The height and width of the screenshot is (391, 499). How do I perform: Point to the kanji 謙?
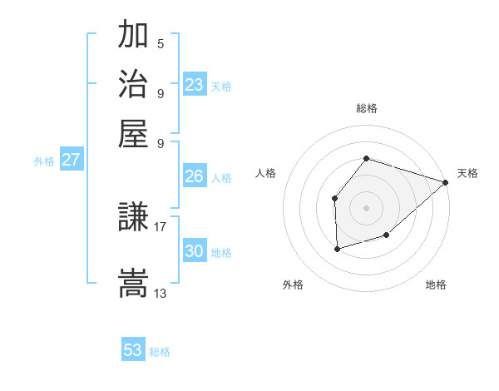[133, 219]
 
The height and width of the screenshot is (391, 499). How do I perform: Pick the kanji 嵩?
[133, 283]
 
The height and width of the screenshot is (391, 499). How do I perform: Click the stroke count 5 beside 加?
[160, 44]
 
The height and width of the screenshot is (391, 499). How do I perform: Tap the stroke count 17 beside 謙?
[161, 226]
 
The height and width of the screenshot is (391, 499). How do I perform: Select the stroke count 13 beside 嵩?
[161, 293]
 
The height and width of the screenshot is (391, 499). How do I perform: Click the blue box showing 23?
[194, 85]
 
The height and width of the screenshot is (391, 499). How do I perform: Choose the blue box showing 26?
[194, 176]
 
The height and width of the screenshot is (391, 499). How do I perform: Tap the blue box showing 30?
[194, 251]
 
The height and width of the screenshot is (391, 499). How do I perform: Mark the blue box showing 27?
[71, 160]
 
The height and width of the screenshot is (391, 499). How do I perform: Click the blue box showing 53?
[133, 350]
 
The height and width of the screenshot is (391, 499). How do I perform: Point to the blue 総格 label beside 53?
[160, 352]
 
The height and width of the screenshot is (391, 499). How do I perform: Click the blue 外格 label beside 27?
[44, 161]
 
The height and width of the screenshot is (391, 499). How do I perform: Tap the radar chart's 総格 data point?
[366, 158]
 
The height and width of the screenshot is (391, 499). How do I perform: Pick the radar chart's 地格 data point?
[387, 235]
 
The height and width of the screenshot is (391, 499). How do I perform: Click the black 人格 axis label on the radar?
[266, 173]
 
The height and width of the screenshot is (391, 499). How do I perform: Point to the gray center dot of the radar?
[366, 207]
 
